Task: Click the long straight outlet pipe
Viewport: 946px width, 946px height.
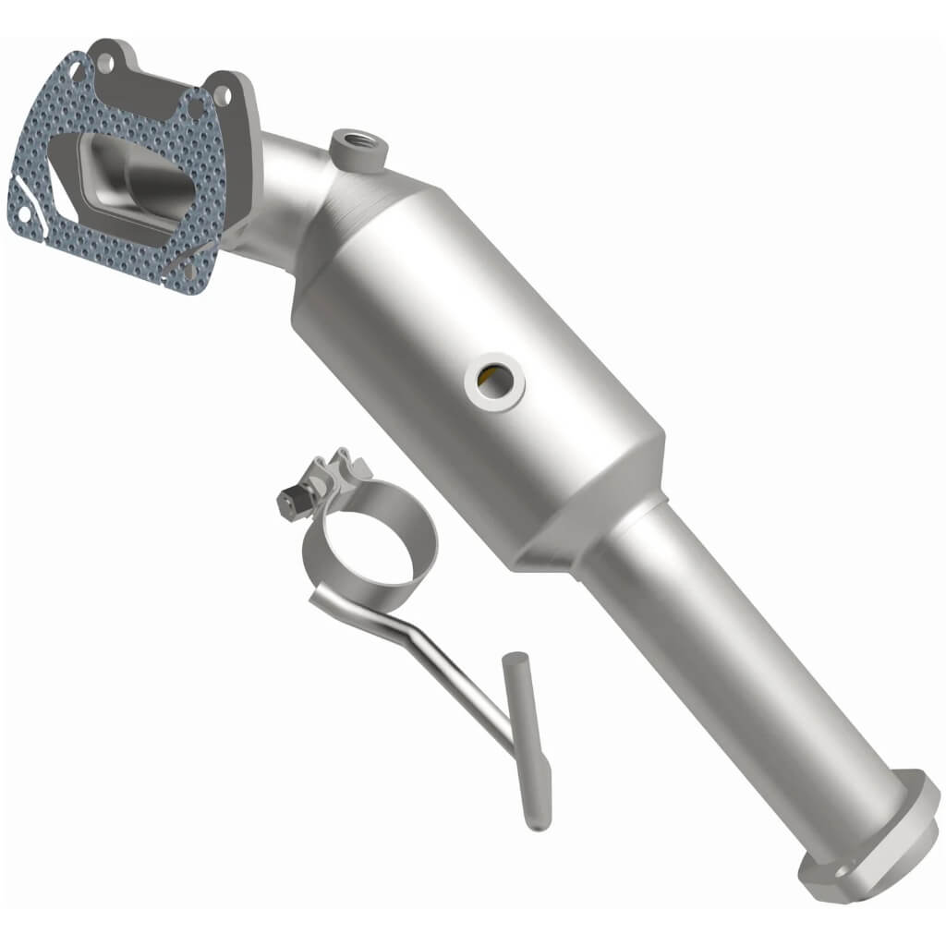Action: pyautogui.click(x=739, y=665)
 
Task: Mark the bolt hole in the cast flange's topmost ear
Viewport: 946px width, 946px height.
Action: pyautogui.click(x=106, y=63)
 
